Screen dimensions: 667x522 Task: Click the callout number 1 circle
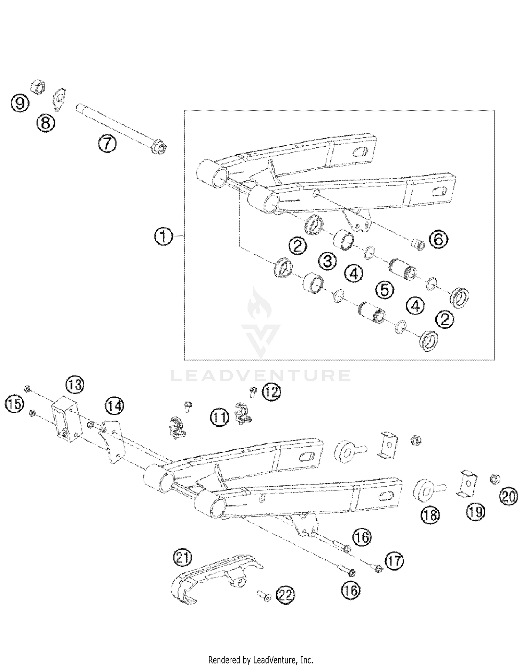(x=163, y=236)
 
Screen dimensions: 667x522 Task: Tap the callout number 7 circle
(x=107, y=144)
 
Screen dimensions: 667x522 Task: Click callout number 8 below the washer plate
(x=46, y=123)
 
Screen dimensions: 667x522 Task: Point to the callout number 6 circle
(x=438, y=240)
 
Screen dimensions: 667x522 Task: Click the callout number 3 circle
(x=327, y=261)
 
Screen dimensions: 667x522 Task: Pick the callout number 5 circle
(x=385, y=290)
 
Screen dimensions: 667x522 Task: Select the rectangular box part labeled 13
(x=66, y=419)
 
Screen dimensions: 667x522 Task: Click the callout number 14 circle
(x=115, y=406)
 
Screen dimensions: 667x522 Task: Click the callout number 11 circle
(x=220, y=417)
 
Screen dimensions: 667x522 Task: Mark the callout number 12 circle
(x=271, y=392)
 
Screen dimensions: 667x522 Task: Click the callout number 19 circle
(x=475, y=512)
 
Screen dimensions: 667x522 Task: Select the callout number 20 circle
(x=508, y=496)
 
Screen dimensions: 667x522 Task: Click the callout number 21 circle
(x=183, y=558)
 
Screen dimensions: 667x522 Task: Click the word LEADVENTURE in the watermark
(x=260, y=375)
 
